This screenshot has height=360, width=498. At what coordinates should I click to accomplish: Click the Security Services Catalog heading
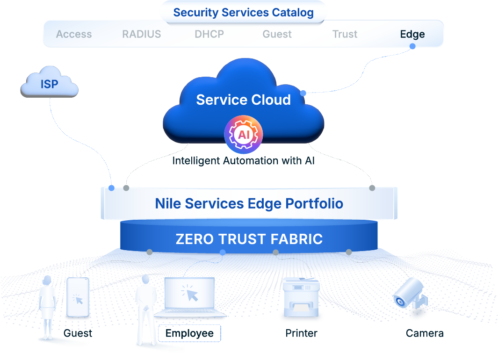pos(243,13)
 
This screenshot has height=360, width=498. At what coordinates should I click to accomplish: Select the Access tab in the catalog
pos(74,34)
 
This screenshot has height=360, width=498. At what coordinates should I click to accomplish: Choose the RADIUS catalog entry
pos(141,34)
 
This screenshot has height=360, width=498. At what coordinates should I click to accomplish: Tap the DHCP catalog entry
pos(209,34)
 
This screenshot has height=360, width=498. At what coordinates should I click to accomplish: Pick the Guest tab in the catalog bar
pos(277,34)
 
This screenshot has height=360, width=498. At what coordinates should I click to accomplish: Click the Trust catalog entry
pos(345,34)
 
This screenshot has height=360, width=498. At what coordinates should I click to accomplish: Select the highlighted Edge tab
pos(412,34)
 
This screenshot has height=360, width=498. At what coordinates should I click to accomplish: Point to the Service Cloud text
pos(243,100)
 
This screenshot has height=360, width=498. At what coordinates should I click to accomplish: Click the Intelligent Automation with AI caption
pos(243,161)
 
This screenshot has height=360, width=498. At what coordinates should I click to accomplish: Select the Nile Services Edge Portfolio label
pos(249,204)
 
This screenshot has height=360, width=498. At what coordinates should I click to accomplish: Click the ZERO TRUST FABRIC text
pos(249,239)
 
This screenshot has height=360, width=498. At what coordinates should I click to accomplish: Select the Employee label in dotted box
pos(189,333)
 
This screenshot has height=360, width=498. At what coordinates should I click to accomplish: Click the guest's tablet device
pos(78,298)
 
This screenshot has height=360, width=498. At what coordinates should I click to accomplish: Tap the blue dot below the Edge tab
pos(412,46)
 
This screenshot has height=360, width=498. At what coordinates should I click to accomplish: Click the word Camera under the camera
pos(424,333)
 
